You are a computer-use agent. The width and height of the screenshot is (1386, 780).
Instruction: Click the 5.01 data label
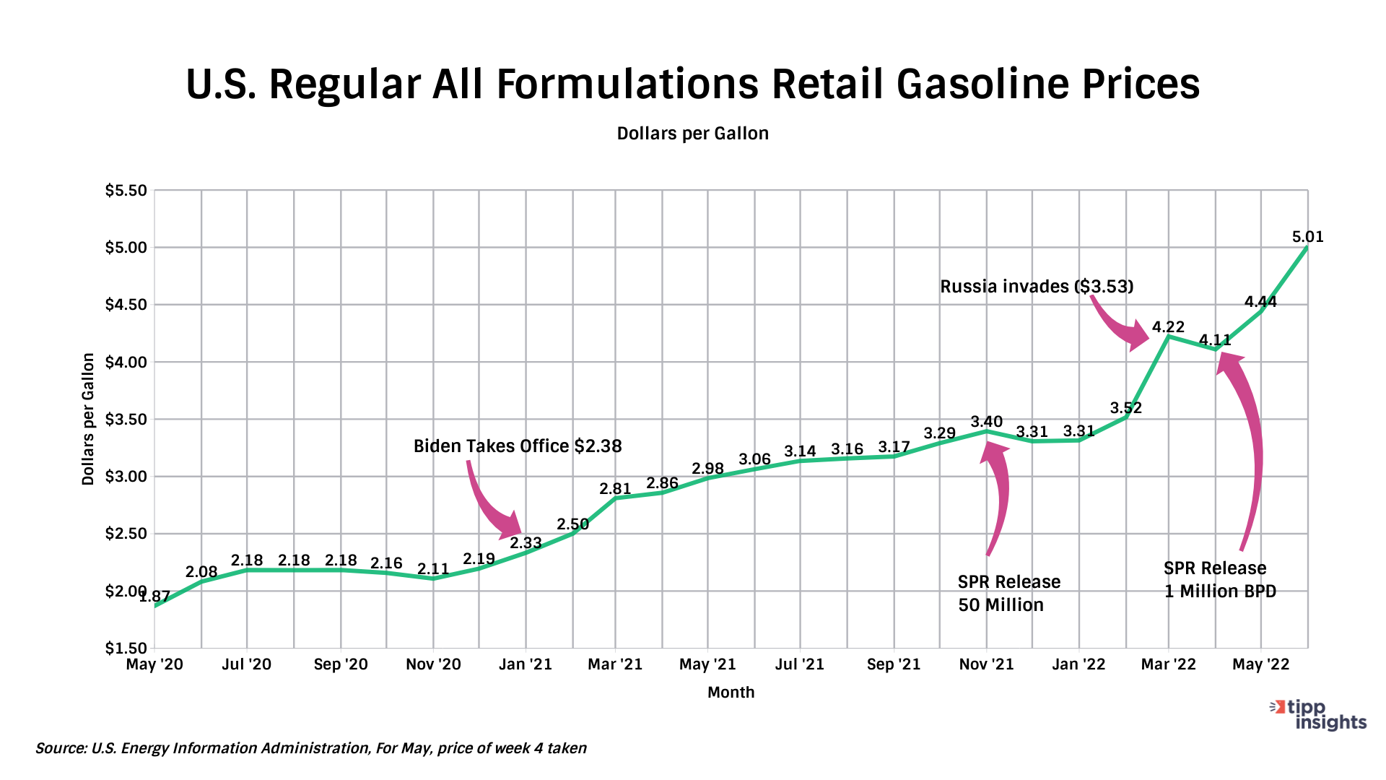[x=1307, y=237]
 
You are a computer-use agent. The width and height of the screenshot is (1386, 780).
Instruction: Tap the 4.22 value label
[x=1168, y=327]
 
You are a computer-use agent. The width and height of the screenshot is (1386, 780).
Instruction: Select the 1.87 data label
[x=156, y=597]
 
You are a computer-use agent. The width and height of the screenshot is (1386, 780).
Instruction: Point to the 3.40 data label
[x=986, y=422]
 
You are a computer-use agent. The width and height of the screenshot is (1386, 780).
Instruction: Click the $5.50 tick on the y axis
[x=126, y=191]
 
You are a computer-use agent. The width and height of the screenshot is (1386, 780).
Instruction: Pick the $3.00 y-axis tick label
[x=126, y=477]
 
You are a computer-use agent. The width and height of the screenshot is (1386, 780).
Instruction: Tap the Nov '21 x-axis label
[x=986, y=664]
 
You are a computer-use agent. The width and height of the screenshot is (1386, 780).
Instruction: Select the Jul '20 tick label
[x=247, y=664]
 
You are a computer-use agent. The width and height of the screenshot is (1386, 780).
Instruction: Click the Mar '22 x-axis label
[x=1168, y=664]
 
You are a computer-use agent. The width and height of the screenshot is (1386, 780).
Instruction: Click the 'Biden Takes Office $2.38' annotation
[x=518, y=446]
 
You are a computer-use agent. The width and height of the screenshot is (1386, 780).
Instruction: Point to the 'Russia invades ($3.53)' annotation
[x=1037, y=287]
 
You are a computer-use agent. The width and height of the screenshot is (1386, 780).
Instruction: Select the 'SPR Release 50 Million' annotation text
[x=1008, y=594]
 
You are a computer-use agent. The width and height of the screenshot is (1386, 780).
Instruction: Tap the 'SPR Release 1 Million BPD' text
[x=1219, y=580]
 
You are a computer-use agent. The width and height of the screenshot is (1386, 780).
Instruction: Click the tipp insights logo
[x=1320, y=715]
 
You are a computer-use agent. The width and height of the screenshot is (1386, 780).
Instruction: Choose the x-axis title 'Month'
[x=731, y=692]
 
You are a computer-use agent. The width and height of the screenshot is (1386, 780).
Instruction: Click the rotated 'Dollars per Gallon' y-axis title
[x=88, y=419]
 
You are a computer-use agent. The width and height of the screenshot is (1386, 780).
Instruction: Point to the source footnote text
[x=310, y=748]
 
